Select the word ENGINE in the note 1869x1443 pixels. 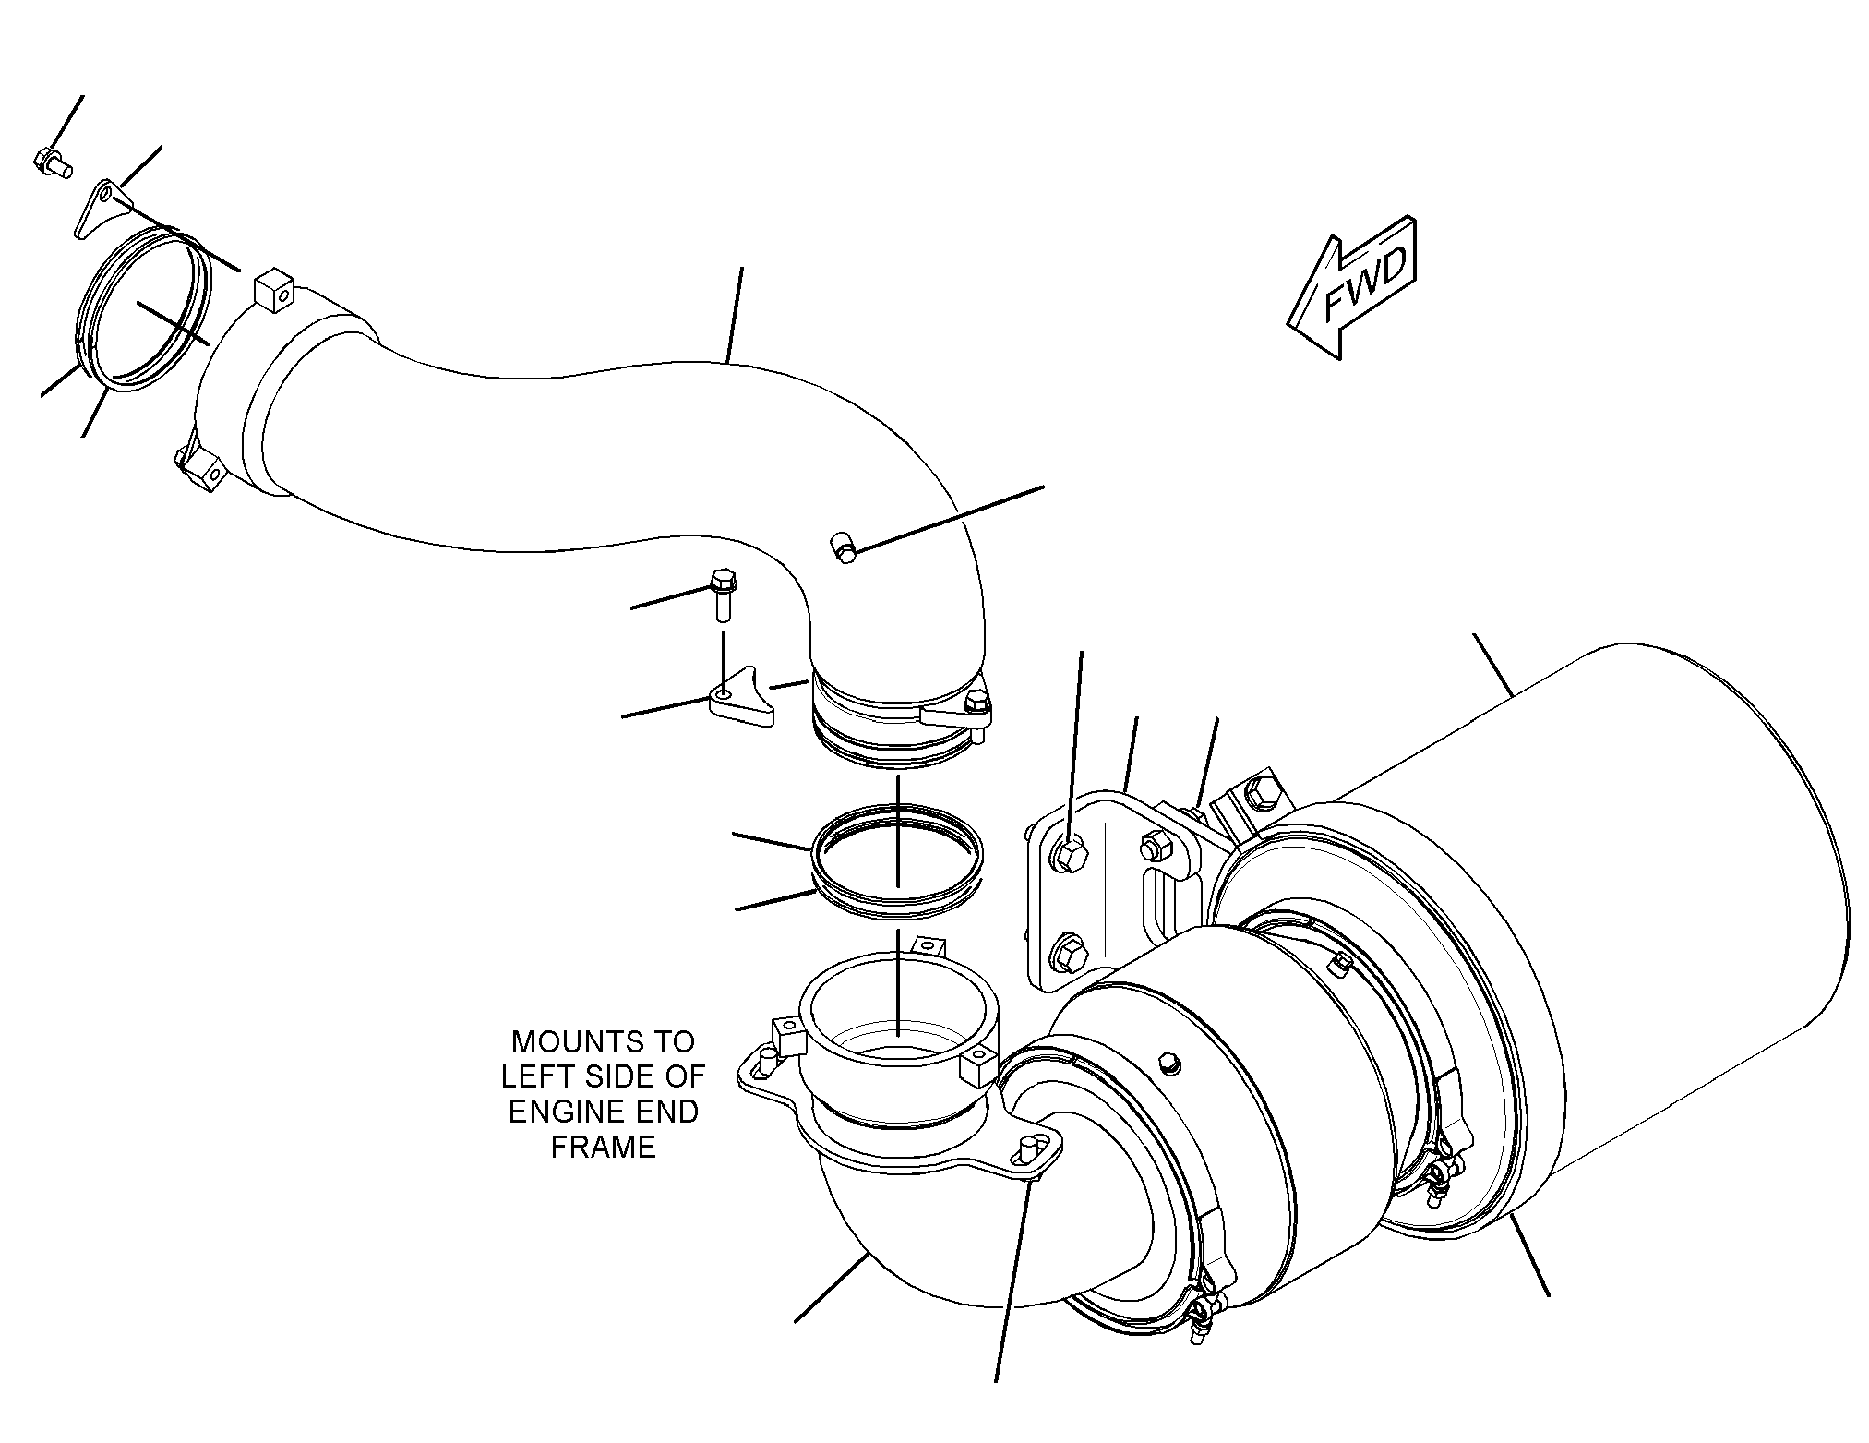point(565,1112)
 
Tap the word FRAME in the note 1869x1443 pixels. point(604,1147)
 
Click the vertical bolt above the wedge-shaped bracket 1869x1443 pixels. point(722,595)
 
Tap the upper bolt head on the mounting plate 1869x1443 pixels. point(1070,855)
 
